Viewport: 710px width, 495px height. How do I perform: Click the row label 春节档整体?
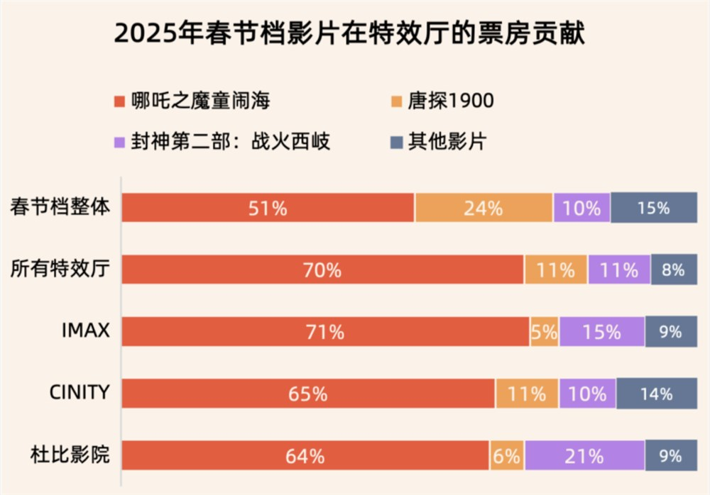coord(60,208)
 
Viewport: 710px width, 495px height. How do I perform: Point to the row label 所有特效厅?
coord(60,269)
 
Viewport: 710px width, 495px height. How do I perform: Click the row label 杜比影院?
coord(70,455)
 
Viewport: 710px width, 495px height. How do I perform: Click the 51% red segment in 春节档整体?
coord(268,208)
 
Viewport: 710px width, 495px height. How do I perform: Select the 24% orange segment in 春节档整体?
coord(484,208)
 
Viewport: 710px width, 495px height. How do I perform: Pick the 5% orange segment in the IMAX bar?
coord(545,331)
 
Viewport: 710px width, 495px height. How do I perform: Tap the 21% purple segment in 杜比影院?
coord(584,455)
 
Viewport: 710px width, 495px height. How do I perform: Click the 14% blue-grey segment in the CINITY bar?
coord(656,393)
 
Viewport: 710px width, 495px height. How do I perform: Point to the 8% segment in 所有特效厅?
coord(673,269)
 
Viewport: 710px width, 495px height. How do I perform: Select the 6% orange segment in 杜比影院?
coord(507,455)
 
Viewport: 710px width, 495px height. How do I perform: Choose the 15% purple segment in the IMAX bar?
coord(601,331)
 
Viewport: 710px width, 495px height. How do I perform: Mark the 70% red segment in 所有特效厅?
coord(322,269)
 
